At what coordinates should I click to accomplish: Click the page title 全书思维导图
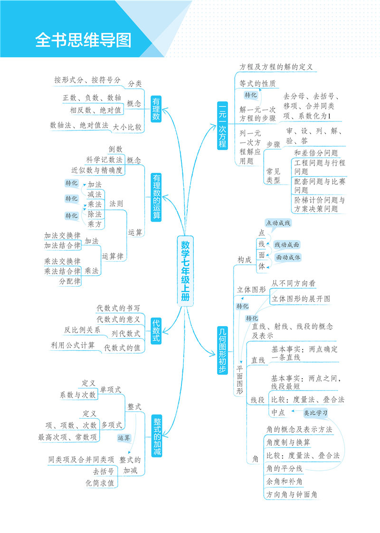click(x=84, y=40)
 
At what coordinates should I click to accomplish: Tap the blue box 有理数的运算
click(x=156, y=196)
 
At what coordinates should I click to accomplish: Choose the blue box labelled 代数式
click(x=156, y=331)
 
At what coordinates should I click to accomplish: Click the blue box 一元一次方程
click(x=222, y=126)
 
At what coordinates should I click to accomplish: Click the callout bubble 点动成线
click(x=278, y=223)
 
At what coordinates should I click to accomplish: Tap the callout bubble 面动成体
click(x=288, y=257)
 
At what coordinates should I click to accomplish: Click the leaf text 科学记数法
click(x=104, y=159)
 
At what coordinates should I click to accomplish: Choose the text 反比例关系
click(x=82, y=330)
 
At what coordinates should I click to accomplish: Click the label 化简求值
click(x=100, y=483)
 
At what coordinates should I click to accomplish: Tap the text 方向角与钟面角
click(x=292, y=495)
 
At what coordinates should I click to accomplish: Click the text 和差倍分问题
click(x=316, y=153)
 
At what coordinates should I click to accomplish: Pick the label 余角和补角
click(x=285, y=481)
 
